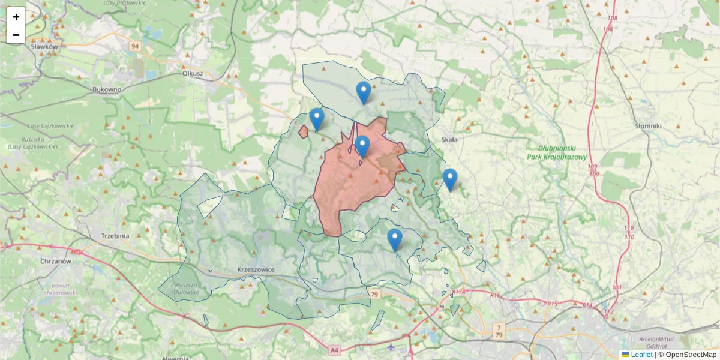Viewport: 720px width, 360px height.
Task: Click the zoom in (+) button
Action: tap(16, 17)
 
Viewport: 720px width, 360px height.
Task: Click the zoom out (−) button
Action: tap(16, 35)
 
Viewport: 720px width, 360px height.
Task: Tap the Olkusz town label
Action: tap(193, 73)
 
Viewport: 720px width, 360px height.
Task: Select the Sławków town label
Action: tap(44, 46)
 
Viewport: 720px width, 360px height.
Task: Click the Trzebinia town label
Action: tap(115, 236)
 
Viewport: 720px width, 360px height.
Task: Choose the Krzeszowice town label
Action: tap(256, 269)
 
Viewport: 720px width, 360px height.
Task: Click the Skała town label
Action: tap(449, 140)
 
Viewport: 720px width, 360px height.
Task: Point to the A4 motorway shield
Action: tap(334, 349)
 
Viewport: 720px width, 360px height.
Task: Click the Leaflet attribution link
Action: tap(641, 355)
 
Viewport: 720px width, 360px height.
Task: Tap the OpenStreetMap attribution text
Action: tap(691, 355)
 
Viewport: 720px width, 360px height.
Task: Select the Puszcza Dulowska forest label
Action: tap(183, 288)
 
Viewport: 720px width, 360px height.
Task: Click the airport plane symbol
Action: tap(391, 346)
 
